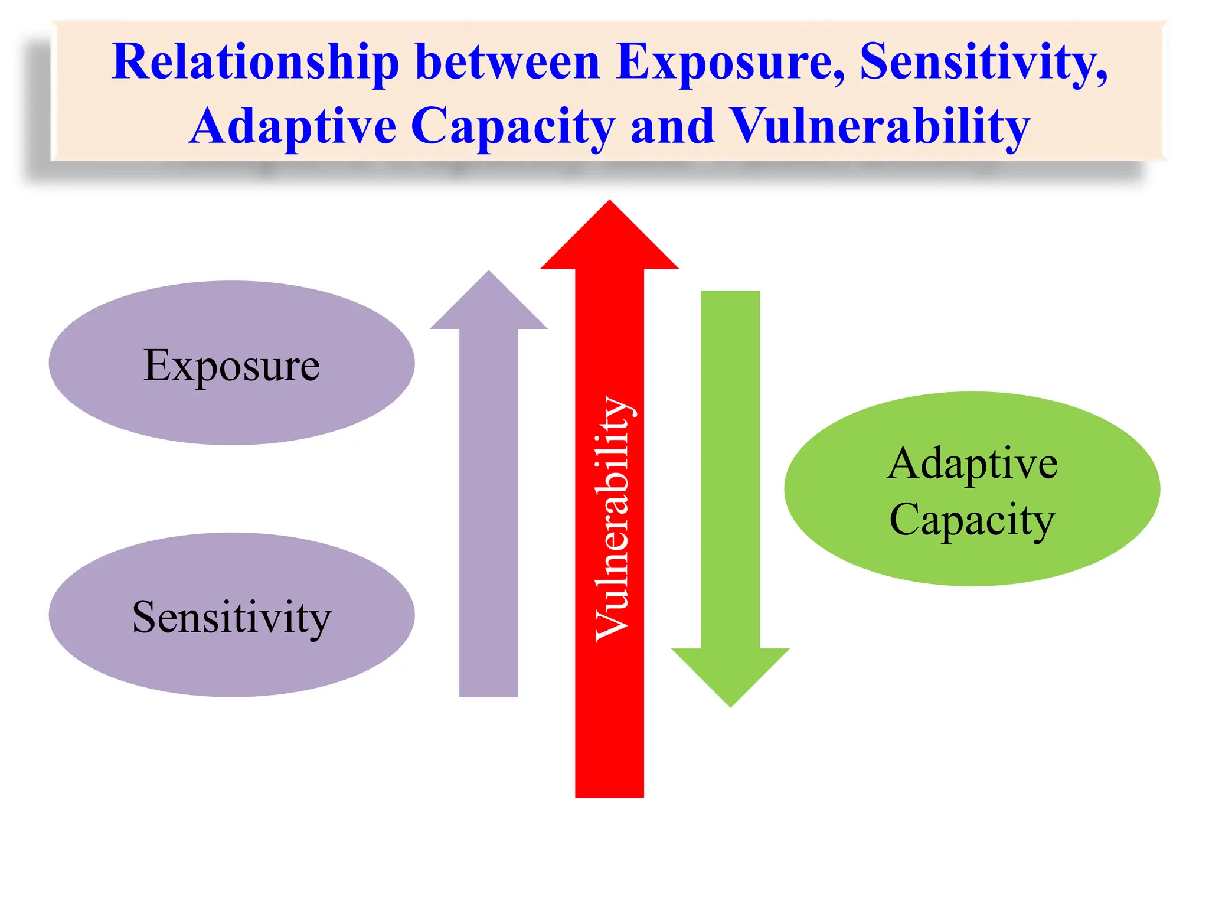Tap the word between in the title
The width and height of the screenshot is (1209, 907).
pyautogui.click(x=507, y=63)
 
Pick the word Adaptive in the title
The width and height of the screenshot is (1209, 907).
pyautogui.click(x=293, y=127)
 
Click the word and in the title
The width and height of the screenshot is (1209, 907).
pyautogui.click(x=672, y=127)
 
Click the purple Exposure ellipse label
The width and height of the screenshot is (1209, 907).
pyautogui.click(x=231, y=366)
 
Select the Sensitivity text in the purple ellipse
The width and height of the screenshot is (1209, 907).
pyautogui.click(x=231, y=618)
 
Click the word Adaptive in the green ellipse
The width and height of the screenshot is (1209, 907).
pyautogui.click(x=972, y=464)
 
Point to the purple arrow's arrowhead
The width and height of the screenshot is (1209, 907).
pyautogui.click(x=488, y=301)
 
